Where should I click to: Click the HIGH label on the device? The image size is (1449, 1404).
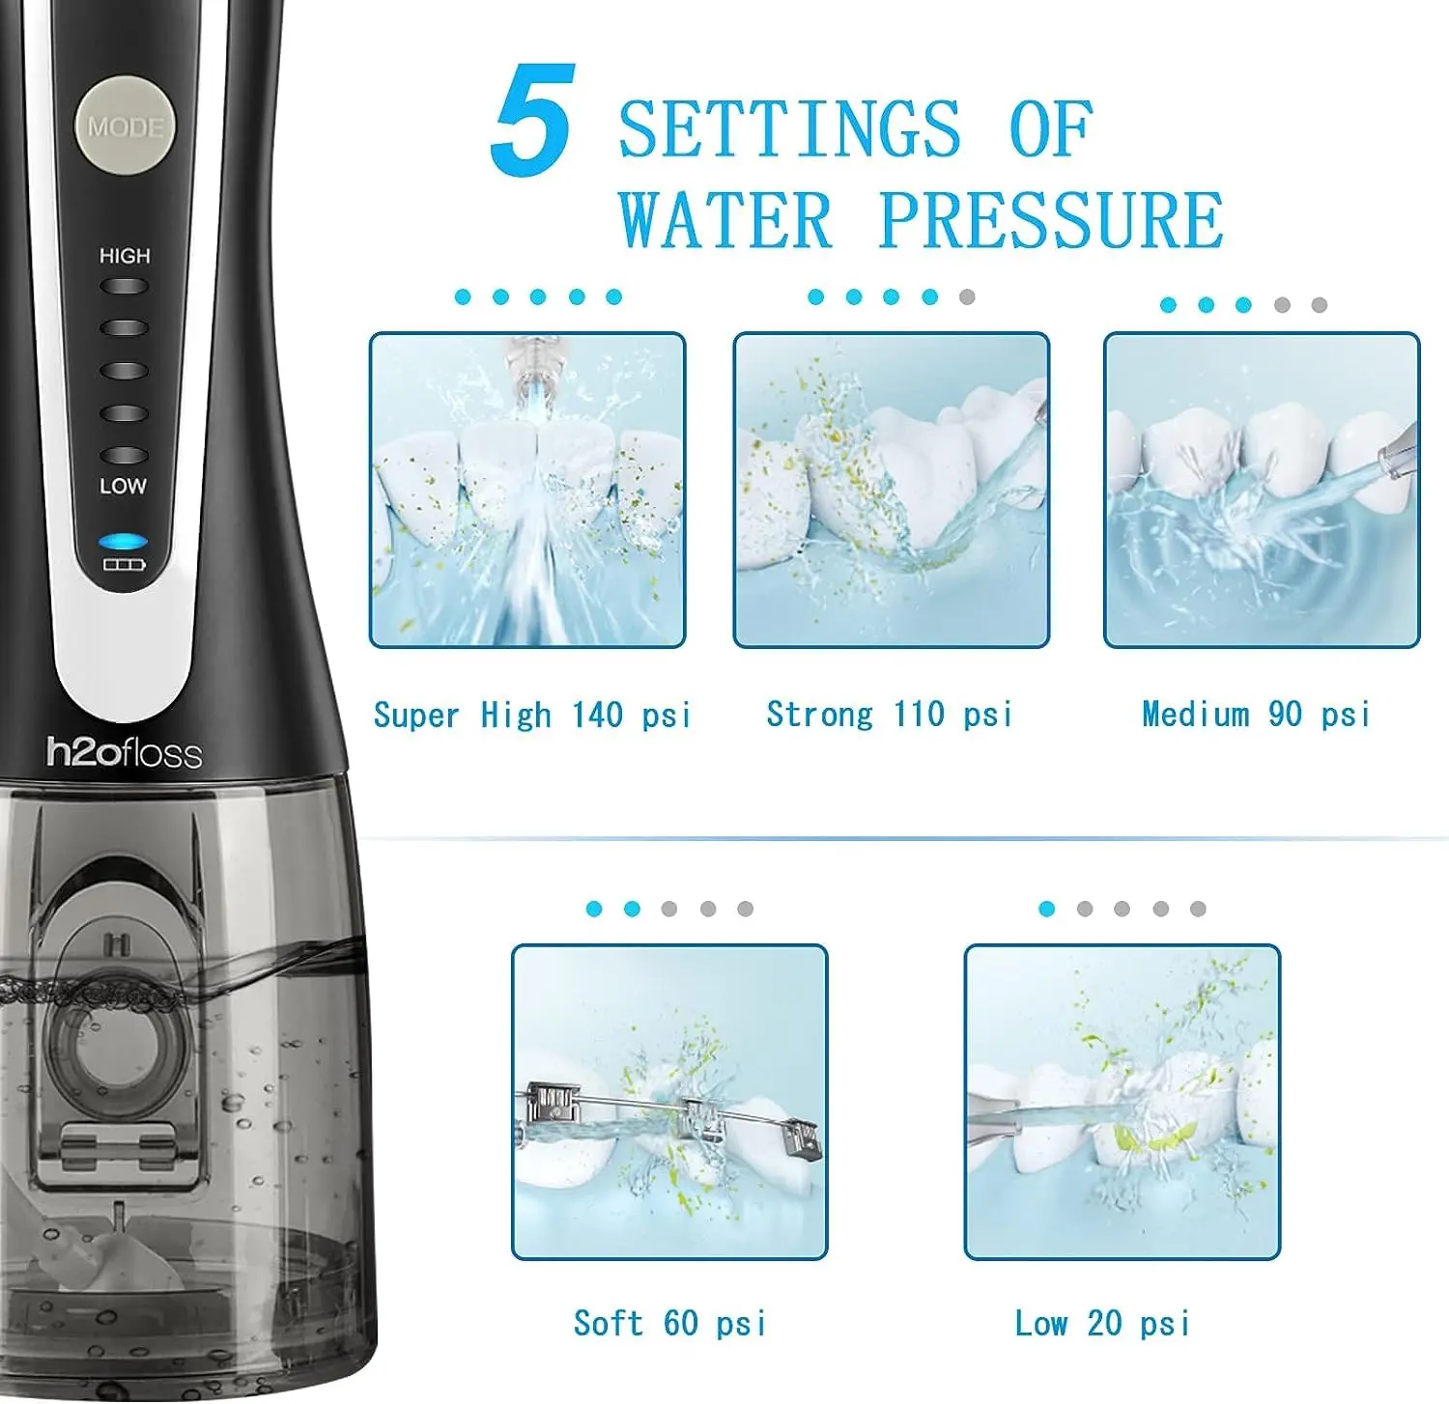(x=125, y=256)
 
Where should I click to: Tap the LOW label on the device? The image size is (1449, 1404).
(x=124, y=486)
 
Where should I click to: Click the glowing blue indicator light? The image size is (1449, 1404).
(x=123, y=542)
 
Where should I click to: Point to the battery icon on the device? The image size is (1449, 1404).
(x=124, y=564)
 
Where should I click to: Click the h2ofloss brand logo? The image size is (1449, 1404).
(x=125, y=752)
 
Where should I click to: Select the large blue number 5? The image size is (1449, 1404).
(x=534, y=120)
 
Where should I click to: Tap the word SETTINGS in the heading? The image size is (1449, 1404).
(x=789, y=128)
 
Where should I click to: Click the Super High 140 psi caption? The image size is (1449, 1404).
(x=532, y=716)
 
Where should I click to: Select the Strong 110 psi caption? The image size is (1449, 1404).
(x=890, y=715)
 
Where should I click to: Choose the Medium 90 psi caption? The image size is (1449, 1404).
(x=1256, y=715)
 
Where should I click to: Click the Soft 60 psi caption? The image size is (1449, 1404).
(x=670, y=1323)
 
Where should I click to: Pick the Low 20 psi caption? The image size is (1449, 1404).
(x=1102, y=1323)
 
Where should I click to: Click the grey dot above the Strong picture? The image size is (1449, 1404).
(x=967, y=296)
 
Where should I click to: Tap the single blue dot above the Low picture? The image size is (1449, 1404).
(x=1046, y=909)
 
